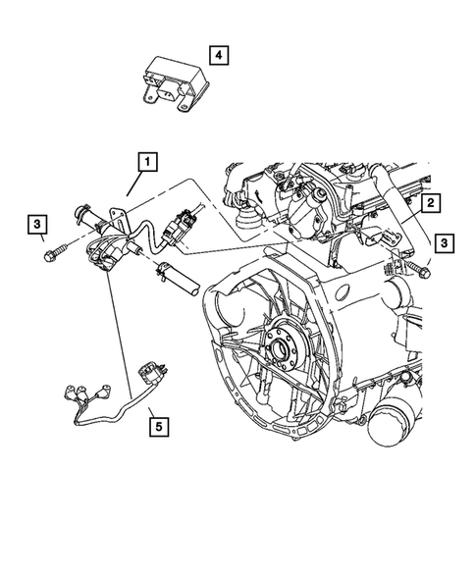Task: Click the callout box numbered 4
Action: [219, 55]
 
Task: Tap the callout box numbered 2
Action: [430, 204]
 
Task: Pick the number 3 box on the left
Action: [37, 228]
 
